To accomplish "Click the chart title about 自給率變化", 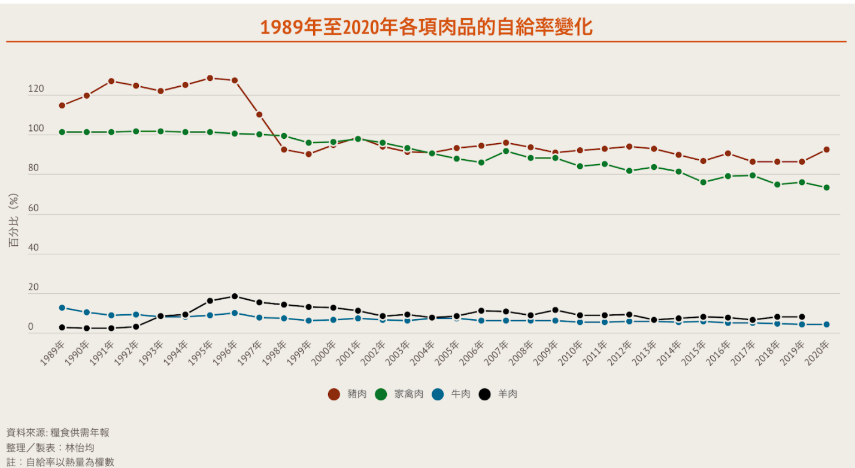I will (426, 27).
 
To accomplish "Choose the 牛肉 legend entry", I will (451, 394).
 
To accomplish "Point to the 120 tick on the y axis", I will (36, 89).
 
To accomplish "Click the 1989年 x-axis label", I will (54, 352).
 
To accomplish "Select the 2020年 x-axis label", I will (818, 352).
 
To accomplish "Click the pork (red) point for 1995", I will (210, 78).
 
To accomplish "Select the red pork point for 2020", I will (826, 150).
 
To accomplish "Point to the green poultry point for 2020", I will (826, 187).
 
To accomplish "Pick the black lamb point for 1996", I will (235, 296).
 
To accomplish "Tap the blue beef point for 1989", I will (62, 308).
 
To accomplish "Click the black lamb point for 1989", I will (62, 327).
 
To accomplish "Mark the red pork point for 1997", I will (259, 114).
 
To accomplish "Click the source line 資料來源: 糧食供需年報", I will (58, 432).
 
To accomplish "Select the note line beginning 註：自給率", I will (60, 462).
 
